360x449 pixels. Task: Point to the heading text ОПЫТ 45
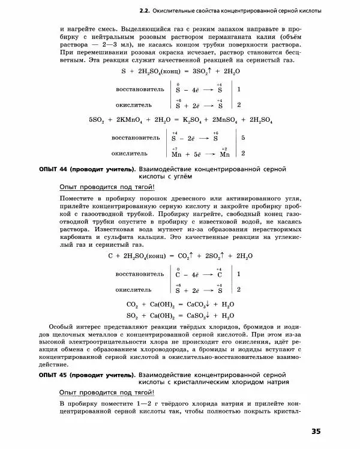[59, 374]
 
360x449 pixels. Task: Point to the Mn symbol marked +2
[223, 154]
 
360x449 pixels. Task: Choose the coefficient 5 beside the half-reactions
[243, 138]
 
